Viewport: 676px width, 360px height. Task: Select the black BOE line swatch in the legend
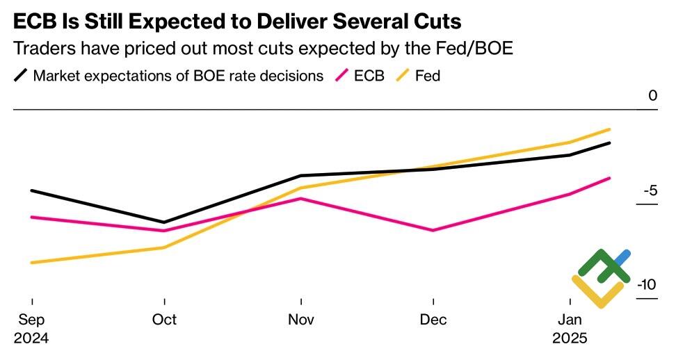point(21,75)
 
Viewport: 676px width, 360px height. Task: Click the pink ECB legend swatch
point(342,75)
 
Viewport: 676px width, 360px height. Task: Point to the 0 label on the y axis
point(652,96)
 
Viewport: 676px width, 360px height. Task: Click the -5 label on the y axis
point(649,190)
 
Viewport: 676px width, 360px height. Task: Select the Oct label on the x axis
point(164,320)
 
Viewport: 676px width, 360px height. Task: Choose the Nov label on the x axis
point(300,320)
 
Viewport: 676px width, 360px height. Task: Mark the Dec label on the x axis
point(433,320)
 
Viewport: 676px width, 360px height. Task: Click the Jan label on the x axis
point(570,320)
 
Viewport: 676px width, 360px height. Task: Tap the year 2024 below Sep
point(31,339)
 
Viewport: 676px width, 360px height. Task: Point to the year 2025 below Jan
point(570,339)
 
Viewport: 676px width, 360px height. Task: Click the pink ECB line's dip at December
point(433,230)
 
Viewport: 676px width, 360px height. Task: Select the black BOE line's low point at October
point(164,222)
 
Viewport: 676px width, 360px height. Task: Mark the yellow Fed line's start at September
point(32,263)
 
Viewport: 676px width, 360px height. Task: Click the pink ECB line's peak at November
point(300,199)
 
